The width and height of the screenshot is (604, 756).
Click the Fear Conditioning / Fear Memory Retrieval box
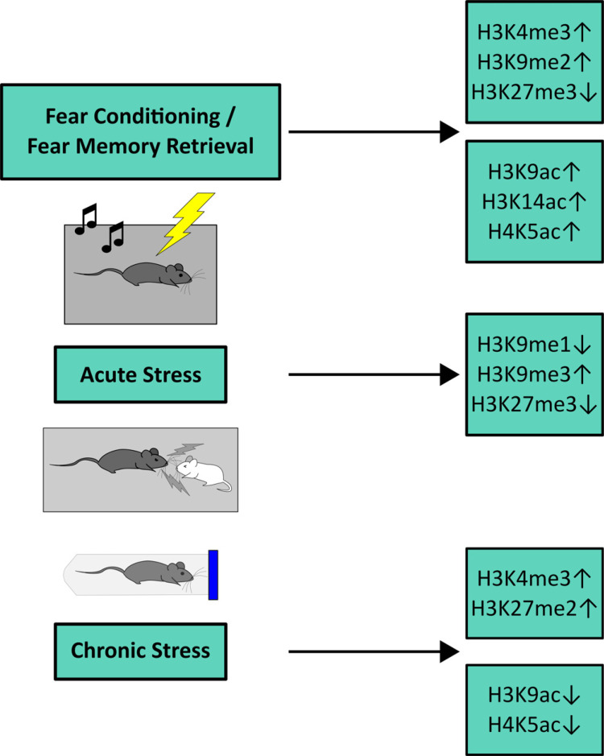pos(140,132)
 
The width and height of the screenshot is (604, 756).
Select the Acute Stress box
pos(140,374)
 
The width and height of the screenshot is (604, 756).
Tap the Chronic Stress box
pos(140,651)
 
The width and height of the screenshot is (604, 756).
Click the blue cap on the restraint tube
pos(213,575)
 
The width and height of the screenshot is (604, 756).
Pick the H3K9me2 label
pos(524,62)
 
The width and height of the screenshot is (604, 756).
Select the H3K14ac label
pos(524,202)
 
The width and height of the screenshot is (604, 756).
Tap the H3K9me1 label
pos(524,345)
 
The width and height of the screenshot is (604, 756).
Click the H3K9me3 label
pos(524,374)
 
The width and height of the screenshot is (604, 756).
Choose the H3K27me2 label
pos(524,609)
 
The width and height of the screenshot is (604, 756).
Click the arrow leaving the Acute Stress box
pos(374,374)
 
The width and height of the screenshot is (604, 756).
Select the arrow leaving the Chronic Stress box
pos(374,652)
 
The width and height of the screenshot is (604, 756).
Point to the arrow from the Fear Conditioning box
pos(374,131)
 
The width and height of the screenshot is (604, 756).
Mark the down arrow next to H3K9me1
pos(582,345)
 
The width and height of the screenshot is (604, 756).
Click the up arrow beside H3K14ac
pos(577,202)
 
